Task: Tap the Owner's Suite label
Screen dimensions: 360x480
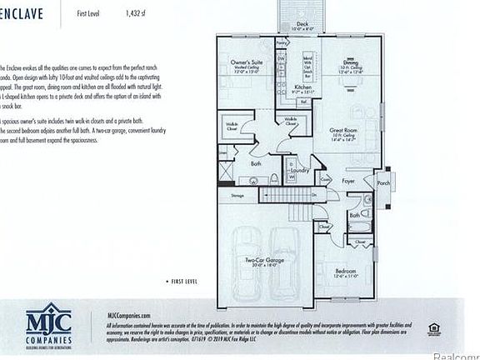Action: [x=247, y=63]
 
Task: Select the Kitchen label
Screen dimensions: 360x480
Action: [x=302, y=86]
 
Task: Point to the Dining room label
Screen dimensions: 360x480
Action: [x=351, y=62]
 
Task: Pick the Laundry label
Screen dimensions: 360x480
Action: [x=300, y=170]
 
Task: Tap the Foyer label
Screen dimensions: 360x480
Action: [x=347, y=179]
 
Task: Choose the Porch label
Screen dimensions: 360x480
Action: [x=383, y=183]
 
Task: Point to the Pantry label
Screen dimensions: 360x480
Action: [x=282, y=41]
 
